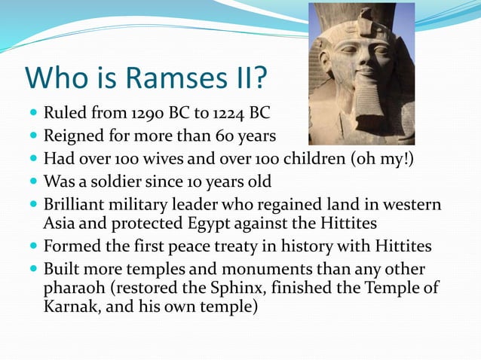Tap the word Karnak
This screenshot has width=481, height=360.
(x=70, y=307)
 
